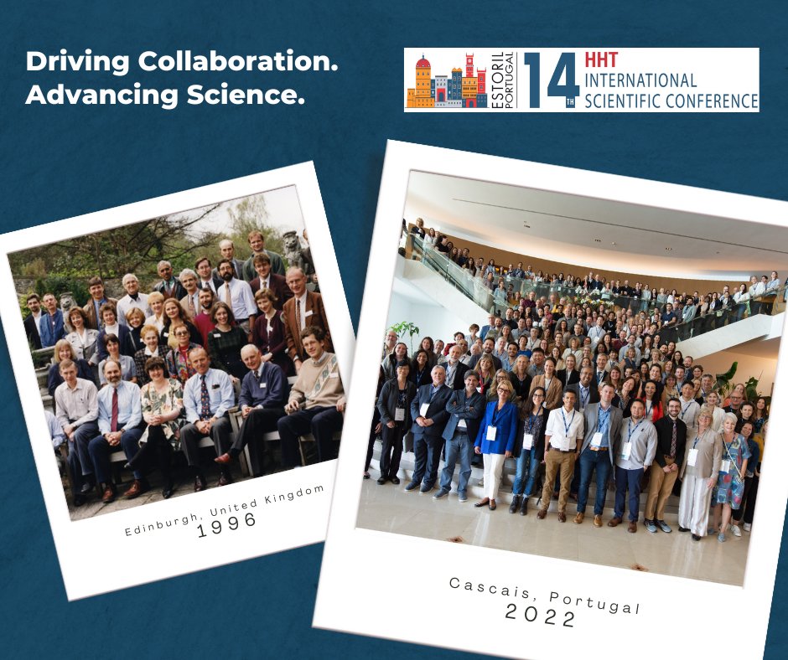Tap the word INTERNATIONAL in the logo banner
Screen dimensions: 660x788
(643, 81)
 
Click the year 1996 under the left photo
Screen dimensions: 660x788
(227, 521)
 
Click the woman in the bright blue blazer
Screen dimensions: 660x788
(496, 444)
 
